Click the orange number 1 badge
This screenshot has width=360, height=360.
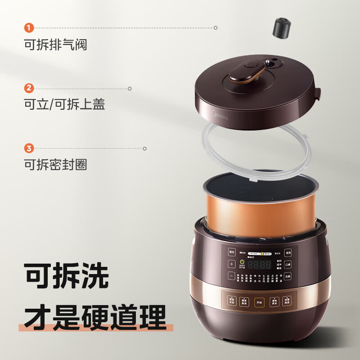pyautogui.click(x=29, y=28)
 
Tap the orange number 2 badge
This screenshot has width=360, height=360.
pyautogui.click(x=29, y=88)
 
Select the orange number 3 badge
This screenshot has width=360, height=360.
pyautogui.click(x=29, y=148)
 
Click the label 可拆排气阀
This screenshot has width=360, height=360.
pyautogui.click(x=55, y=45)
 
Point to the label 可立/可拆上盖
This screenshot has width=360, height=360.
pyautogui.click(x=64, y=104)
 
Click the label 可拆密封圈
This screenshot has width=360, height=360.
pyautogui.click(x=55, y=165)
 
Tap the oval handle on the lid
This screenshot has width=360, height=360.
pyautogui.click(x=247, y=72)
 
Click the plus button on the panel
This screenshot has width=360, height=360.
pyautogui.click(x=231, y=264)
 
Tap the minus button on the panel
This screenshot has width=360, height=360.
pyautogui.click(x=231, y=275)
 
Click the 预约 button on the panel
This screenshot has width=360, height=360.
pyautogui.click(x=232, y=252)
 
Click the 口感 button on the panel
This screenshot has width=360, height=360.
pyautogui.click(x=287, y=264)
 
